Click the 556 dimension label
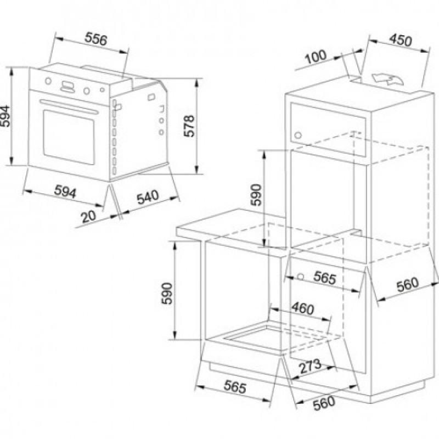tap(96, 39)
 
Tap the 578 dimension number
tap(189, 126)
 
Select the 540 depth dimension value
tap(148, 197)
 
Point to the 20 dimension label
tap(88, 216)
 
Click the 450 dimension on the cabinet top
tap(401, 40)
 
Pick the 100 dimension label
tap(316, 57)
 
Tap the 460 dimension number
tap(303, 308)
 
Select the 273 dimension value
tap(310, 367)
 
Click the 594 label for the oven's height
tap(5, 116)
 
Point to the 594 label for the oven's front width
tap(65, 191)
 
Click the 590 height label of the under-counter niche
tap(167, 294)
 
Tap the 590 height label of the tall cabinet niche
tap(256, 195)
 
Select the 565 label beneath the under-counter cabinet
tap(235, 387)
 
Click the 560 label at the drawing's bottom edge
tap(324, 403)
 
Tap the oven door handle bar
tap(69, 106)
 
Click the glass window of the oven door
tap(69, 137)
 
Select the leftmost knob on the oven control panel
tap(48, 81)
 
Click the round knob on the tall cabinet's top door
tap(298, 136)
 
